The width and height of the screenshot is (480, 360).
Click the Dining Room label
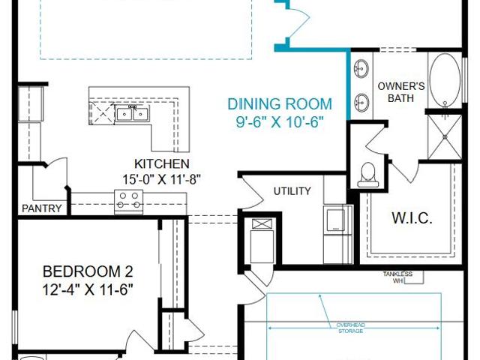(280, 104)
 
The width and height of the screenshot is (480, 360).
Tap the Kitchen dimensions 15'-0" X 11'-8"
(162, 179)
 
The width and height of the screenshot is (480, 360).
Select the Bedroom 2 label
(88, 271)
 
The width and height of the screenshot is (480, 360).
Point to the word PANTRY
(42, 208)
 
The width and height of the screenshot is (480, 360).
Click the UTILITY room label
(292, 191)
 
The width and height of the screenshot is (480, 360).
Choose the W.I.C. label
(412, 218)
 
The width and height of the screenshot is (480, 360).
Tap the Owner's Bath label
(401, 92)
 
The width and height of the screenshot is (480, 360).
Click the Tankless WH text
(397, 277)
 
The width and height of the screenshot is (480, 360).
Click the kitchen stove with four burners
(128, 201)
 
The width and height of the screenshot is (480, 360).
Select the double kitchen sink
(132, 114)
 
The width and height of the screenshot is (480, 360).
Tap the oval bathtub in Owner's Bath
(445, 80)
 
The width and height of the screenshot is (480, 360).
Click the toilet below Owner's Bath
(368, 175)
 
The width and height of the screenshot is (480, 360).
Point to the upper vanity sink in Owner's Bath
(361, 68)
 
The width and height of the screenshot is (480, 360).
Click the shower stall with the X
(445, 137)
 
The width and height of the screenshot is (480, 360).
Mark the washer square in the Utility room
(335, 219)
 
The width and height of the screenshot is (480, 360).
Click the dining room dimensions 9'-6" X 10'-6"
(280, 122)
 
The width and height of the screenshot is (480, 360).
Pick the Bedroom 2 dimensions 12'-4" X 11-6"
(88, 289)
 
